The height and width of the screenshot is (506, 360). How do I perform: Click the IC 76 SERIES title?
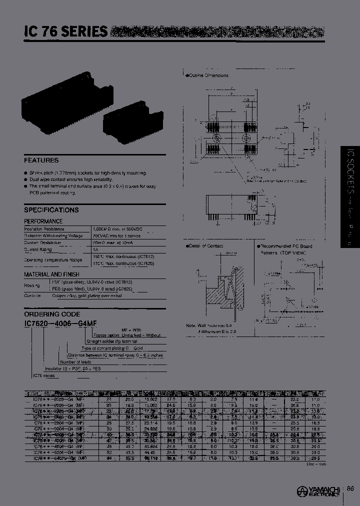coord(65,31)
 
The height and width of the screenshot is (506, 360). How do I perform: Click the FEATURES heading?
coord(41,160)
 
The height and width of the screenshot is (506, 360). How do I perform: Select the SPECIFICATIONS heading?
coord(51,210)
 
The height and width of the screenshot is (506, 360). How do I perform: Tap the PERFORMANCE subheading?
coord(43,221)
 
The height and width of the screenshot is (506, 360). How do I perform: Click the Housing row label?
coord(32,285)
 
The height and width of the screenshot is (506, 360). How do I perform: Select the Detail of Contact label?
coord(205,246)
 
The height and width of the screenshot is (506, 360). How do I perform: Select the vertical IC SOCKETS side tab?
coord(350,197)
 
